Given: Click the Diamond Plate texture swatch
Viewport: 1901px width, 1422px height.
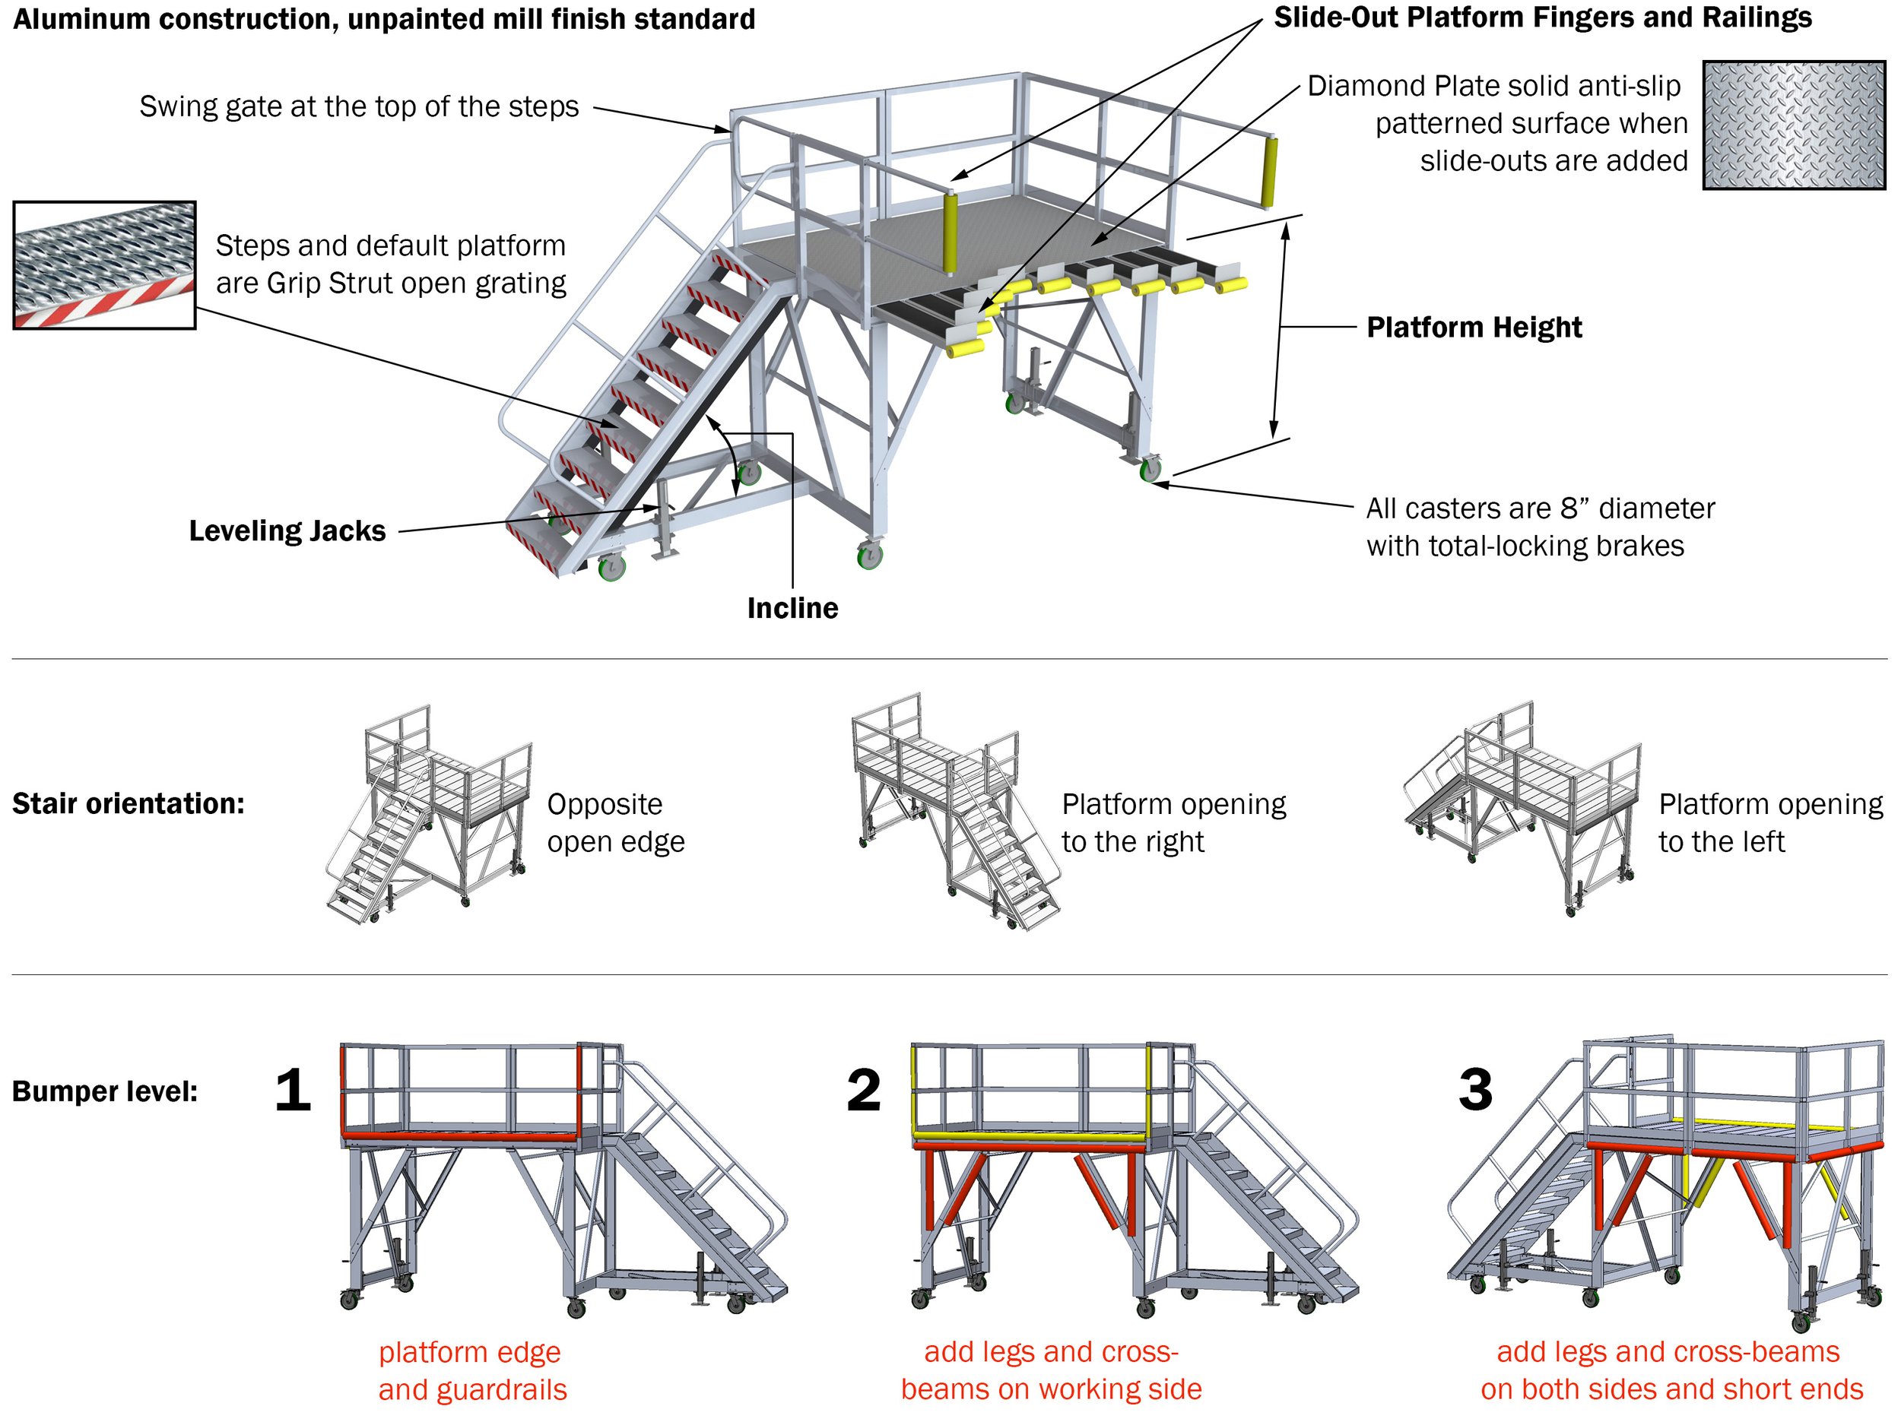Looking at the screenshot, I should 1794,125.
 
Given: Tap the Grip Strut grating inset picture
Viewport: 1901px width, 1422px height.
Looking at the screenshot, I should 105,265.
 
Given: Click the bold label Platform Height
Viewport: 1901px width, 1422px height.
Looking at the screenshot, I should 1474,328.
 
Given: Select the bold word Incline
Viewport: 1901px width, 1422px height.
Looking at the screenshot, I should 792,608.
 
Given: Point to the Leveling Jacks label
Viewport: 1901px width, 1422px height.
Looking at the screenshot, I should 287,531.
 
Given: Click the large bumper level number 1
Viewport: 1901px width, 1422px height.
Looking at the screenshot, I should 293,1091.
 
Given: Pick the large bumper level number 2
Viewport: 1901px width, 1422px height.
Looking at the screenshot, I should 864,1091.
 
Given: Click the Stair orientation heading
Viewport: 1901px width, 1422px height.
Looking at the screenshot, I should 128,803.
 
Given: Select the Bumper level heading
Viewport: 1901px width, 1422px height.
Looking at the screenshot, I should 105,1091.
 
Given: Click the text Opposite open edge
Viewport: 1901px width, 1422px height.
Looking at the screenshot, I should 615,822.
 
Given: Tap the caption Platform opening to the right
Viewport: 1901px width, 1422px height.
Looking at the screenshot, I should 1173,822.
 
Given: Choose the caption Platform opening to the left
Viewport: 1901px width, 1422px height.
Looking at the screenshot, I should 1769,822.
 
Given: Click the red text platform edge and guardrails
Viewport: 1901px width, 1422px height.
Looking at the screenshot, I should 471,1370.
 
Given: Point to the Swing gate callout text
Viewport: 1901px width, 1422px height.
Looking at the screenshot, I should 359,106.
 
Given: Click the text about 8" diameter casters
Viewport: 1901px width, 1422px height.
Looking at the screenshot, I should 1540,527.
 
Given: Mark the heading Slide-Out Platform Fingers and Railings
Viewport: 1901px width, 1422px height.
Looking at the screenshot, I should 1543,18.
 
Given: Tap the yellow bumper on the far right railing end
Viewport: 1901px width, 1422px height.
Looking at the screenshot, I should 1268,172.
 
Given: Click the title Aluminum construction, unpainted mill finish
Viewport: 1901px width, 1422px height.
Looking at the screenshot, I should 384,19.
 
